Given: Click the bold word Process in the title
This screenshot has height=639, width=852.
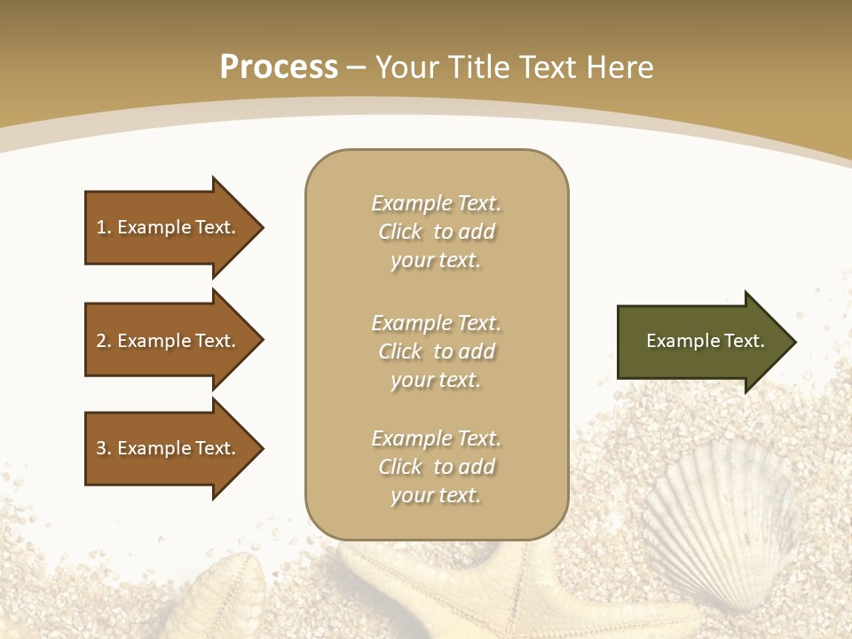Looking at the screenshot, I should [x=279, y=67].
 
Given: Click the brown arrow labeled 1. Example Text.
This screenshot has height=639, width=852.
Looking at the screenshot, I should [x=173, y=228].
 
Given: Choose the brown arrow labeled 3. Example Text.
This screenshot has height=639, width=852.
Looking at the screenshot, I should [x=173, y=449].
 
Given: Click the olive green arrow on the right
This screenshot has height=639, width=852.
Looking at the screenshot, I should [x=705, y=342].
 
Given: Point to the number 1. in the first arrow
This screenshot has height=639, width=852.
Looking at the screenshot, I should [x=104, y=228].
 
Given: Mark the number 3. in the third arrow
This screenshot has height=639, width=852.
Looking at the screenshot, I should [x=104, y=449].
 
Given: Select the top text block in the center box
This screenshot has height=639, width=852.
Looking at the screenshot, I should [x=436, y=232].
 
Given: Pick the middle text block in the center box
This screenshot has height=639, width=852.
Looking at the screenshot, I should [x=436, y=351].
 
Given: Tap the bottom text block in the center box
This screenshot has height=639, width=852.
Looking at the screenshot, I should [x=436, y=467].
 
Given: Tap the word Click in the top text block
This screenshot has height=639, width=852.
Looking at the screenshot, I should [x=400, y=233].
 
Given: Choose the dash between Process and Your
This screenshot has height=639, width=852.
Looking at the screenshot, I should [x=356, y=67].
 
